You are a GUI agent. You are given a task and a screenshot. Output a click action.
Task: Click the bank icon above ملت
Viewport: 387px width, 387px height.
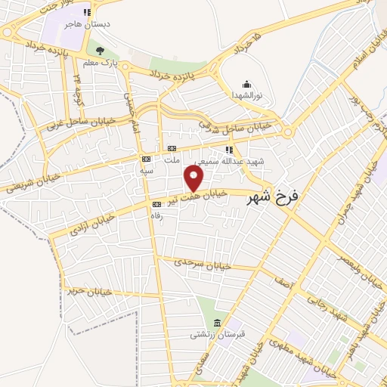(x=172, y=148)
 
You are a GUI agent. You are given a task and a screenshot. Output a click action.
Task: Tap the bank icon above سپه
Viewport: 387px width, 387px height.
(x=147, y=159)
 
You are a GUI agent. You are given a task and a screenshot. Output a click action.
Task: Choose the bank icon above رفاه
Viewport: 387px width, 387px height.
(x=158, y=203)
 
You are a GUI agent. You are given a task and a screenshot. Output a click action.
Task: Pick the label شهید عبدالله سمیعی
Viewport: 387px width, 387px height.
(x=223, y=161)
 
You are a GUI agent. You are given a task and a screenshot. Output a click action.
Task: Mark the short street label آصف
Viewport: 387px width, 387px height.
(x=283, y=282)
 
